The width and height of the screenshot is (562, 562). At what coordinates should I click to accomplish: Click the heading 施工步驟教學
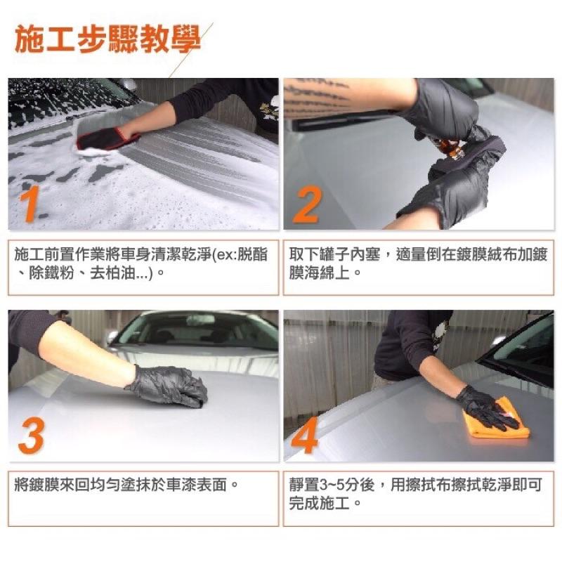pos(107,39)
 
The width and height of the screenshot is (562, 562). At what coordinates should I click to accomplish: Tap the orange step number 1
pos(30,204)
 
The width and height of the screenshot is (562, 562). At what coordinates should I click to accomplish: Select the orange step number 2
pos(307,204)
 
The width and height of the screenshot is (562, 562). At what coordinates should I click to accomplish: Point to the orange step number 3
pos(32,436)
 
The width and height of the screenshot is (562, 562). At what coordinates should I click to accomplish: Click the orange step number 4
pos(305,435)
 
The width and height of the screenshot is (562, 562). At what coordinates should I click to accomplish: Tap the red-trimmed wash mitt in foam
pos(107,140)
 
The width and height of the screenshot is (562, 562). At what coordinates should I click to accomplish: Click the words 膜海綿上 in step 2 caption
pos(319,273)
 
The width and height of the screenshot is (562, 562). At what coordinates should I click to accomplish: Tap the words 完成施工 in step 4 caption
pos(319,504)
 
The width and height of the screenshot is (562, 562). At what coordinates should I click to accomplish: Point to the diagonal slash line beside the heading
pos(190,50)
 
